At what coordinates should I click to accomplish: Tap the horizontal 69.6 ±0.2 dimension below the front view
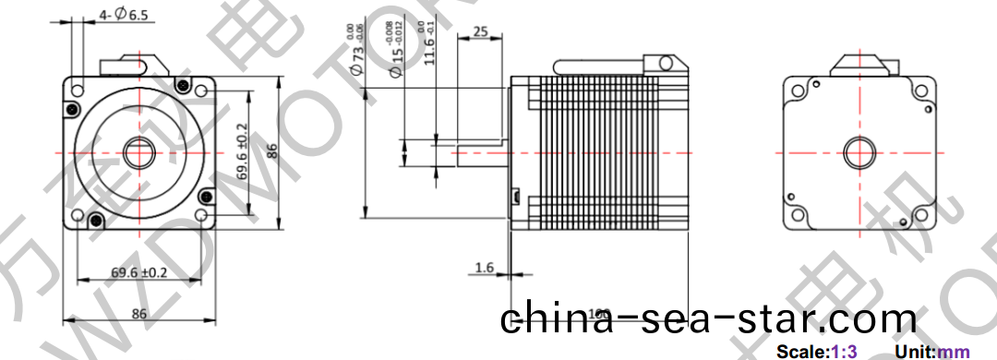click(139, 272)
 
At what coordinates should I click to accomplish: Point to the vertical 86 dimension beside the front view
click(271, 151)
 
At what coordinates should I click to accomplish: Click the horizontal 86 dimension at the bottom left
click(139, 314)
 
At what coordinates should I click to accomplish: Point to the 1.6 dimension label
click(485, 268)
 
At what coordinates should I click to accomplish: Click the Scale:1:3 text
click(817, 352)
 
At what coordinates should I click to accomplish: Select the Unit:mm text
click(932, 352)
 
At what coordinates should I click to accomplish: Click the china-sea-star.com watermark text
click(709, 319)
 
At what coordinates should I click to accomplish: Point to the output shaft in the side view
click(480, 152)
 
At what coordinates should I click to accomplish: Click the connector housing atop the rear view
click(863, 65)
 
